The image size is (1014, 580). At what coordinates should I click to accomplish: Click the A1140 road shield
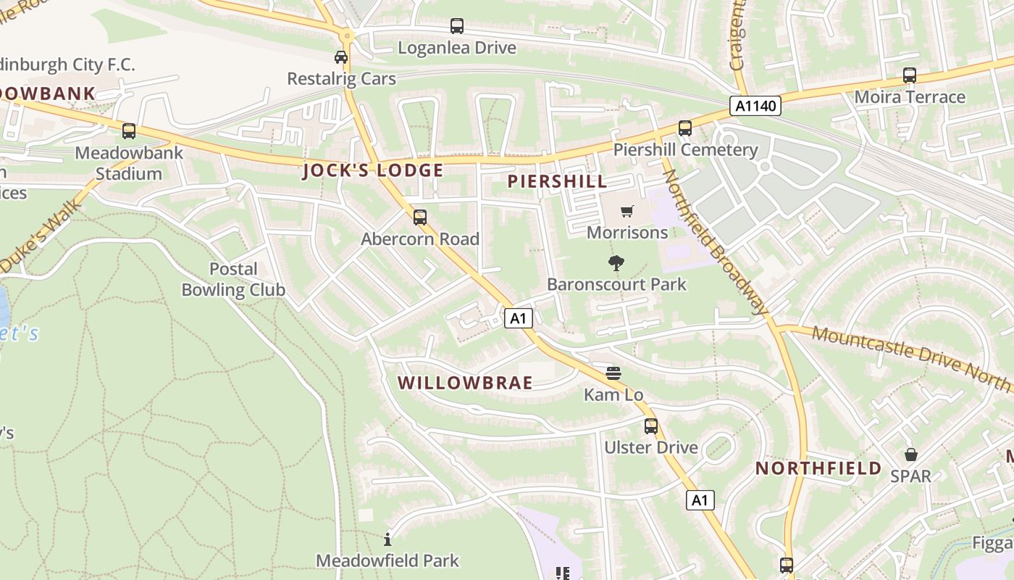click(756, 106)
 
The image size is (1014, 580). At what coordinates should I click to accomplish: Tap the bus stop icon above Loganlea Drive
click(457, 26)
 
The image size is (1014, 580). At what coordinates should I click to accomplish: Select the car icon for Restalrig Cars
click(341, 57)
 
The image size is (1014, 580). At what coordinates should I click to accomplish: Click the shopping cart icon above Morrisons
click(627, 211)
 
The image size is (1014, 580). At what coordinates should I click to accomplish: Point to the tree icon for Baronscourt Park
click(616, 262)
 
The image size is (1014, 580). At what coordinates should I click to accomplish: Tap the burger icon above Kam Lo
click(613, 373)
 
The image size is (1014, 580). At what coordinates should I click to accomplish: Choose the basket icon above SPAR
click(910, 455)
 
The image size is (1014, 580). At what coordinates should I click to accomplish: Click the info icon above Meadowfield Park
click(387, 539)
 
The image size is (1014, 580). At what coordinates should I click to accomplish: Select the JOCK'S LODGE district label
click(373, 171)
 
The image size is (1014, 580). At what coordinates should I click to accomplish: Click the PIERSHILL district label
click(557, 181)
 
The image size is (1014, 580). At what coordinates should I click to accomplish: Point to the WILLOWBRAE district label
click(465, 383)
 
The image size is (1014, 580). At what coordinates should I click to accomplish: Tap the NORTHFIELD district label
click(818, 468)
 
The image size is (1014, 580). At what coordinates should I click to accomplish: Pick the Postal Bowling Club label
click(233, 279)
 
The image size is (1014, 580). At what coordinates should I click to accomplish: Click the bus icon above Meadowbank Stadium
click(129, 131)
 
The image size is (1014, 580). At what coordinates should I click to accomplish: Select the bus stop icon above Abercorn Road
click(420, 217)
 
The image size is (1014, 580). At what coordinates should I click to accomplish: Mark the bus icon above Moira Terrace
click(910, 75)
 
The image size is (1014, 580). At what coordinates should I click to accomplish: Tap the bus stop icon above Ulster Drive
click(651, 426)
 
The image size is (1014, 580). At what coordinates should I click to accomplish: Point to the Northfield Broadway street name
click(715, 243)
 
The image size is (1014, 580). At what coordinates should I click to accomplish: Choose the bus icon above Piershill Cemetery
click(685, 128)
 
